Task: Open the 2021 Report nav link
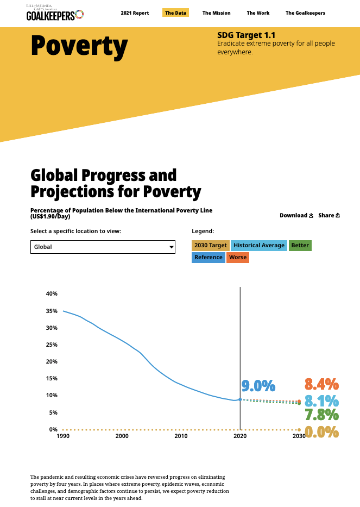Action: coord(135,13)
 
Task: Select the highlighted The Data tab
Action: coord(175,13)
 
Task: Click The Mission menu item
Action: coord(216,13)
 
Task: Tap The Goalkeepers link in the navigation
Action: coord(305,13)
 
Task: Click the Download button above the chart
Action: coord(296,215)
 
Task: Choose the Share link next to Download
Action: coord(329,215)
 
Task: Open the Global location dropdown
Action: coord(103,247)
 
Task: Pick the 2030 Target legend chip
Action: coord(210,246)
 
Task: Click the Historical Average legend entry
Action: coord(259,246)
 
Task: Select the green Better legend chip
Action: coord(300,246)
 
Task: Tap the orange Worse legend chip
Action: coord(238,258)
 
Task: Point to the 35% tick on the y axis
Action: coord(52,311)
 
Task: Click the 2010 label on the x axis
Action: coord(181,436)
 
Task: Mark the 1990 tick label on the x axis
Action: coord(62,436)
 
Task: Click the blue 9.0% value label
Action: coord(258,386)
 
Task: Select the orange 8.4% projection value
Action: coord(321,385)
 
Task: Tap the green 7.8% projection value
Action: coord(321,416)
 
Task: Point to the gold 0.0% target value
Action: coord(321,433)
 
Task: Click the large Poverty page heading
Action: coord(79,46)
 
